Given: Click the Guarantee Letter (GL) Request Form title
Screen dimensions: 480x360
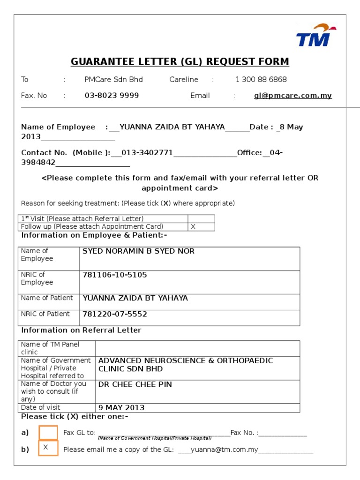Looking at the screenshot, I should point(180,62).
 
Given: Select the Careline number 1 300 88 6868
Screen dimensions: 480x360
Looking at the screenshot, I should point(261,80).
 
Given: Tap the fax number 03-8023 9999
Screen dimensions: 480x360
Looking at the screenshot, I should point(112,96).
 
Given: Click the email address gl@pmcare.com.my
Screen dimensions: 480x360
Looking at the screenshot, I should point(292,96).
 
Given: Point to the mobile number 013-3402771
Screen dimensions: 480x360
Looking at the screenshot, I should point(147,153).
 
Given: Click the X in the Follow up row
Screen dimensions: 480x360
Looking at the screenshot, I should point(193,226).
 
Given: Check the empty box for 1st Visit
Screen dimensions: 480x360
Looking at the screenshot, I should point(201,219).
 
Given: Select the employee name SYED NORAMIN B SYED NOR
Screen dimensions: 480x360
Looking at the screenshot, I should point(138,251).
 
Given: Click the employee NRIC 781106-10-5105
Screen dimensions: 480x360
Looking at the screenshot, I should point(114,275).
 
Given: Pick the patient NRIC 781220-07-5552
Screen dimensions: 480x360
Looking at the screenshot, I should point(114,314).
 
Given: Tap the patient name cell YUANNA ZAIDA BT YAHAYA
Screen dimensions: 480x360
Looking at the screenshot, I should point(135,298).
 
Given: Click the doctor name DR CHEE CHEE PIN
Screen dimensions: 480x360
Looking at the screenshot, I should point(135,384).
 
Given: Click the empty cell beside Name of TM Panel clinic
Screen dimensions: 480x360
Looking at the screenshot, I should point(197,348).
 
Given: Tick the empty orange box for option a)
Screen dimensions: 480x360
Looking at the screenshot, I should point(48,433).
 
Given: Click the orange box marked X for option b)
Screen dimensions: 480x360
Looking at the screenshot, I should point(48,448).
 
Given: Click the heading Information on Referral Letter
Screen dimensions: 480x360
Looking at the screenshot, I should point(81,330).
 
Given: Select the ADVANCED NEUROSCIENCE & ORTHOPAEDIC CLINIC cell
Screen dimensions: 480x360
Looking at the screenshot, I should point(185,365).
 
